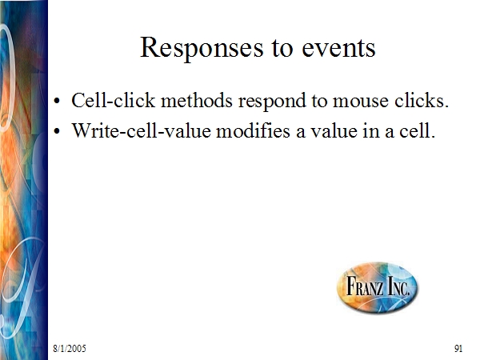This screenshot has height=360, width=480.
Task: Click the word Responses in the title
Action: click(202, 48)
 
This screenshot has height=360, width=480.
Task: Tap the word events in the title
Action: click(338, 48)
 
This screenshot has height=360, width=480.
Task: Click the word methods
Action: click(197, 100)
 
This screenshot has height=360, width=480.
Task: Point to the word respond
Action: click(272, 102)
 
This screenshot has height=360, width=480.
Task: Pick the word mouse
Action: click(361, 102)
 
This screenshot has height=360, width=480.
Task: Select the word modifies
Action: click(253, 130)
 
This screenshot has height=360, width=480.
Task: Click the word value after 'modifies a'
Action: click(334, 130)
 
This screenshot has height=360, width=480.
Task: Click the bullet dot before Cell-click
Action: click(57, 101)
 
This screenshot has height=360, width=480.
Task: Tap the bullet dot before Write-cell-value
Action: click(57, 131)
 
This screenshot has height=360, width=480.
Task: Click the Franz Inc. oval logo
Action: click(377, 287)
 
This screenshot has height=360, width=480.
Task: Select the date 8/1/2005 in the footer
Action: click(70, 348)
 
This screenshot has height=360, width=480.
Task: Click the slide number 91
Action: click(458, 348)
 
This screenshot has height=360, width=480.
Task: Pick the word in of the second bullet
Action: click(371, 130)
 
